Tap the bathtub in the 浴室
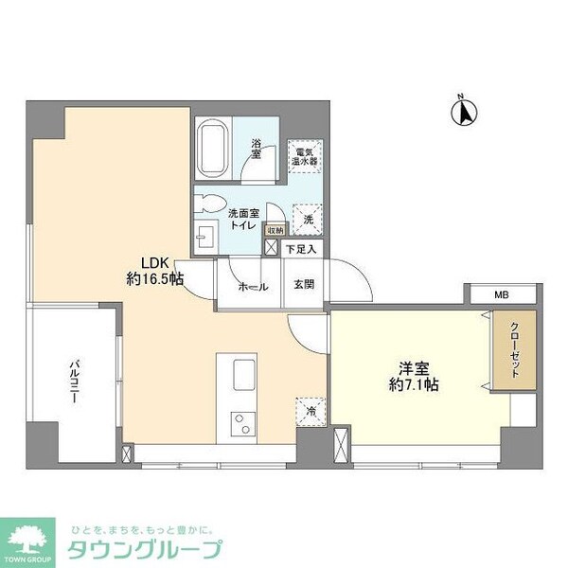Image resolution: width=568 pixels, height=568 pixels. [x=213, y=150]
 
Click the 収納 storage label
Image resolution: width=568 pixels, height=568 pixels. [x=275, y=230]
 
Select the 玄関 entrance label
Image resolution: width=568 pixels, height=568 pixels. [x=303, y=286]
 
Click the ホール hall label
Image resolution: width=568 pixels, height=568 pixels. [x=252, y=287]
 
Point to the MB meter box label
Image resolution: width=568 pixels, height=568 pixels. [x=501, y=294]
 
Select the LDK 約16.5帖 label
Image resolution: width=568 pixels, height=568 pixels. [x=155, y=271]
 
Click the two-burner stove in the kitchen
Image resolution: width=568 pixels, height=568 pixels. [x=242, y=421]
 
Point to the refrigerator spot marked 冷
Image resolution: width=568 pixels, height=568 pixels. [x=310, y=410]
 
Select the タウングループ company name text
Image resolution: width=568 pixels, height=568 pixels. [x=143, y=549]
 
